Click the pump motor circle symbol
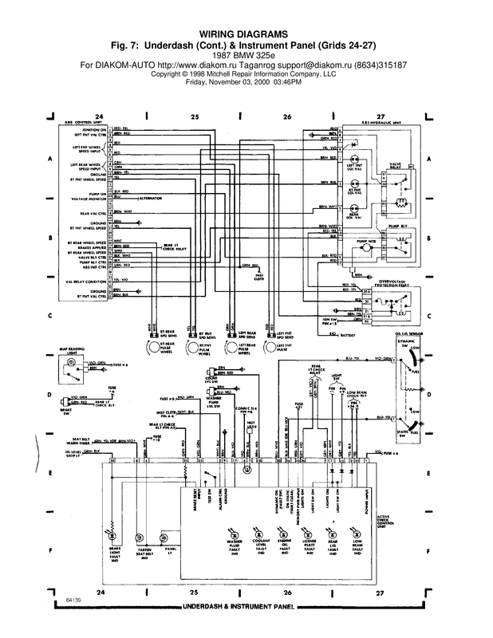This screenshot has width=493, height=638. pos(364,244)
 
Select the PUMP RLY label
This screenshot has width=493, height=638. pos(398,228)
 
